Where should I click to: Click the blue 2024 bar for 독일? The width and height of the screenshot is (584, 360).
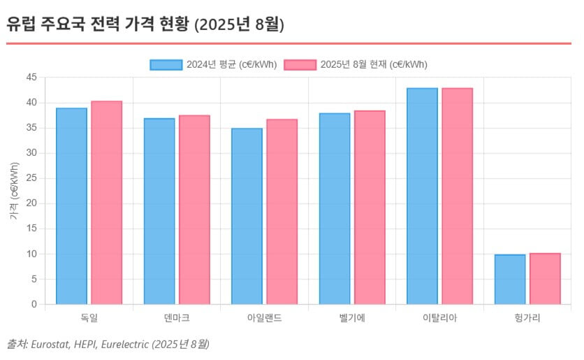tap(71, 206)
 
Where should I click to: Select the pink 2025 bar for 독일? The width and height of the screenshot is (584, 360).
tap(106, 203)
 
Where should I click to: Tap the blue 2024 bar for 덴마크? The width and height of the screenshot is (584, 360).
tap(159, 211)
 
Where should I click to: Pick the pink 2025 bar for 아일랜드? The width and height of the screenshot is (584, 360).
tap(282, 212)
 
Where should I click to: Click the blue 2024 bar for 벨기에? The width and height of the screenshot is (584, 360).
tap(335, 208)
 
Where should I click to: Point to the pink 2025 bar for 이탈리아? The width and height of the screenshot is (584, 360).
tap(457, 196)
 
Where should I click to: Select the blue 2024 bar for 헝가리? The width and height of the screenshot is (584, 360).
tap(510, 280)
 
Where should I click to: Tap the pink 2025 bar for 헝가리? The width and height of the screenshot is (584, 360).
tap(545, 279)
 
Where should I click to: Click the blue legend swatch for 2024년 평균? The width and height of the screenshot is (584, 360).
tap(166, 64)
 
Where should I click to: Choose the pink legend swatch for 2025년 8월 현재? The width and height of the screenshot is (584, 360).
tap(300, 64)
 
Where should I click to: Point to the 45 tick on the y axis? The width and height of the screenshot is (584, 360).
tap(31, 78)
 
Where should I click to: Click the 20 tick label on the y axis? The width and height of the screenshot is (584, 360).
tap(31, 203)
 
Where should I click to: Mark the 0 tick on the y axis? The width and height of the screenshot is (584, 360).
tap(34, 305)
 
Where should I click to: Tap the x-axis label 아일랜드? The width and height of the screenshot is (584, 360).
tap(264, 318)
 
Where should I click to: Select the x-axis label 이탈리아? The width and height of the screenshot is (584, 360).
tap(439, 318)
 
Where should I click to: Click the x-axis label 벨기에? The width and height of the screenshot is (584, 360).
tap(352, 318)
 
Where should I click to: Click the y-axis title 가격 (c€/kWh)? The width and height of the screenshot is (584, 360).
tap(15, 191)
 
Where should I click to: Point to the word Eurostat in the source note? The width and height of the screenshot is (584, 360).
tap(50, 344)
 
